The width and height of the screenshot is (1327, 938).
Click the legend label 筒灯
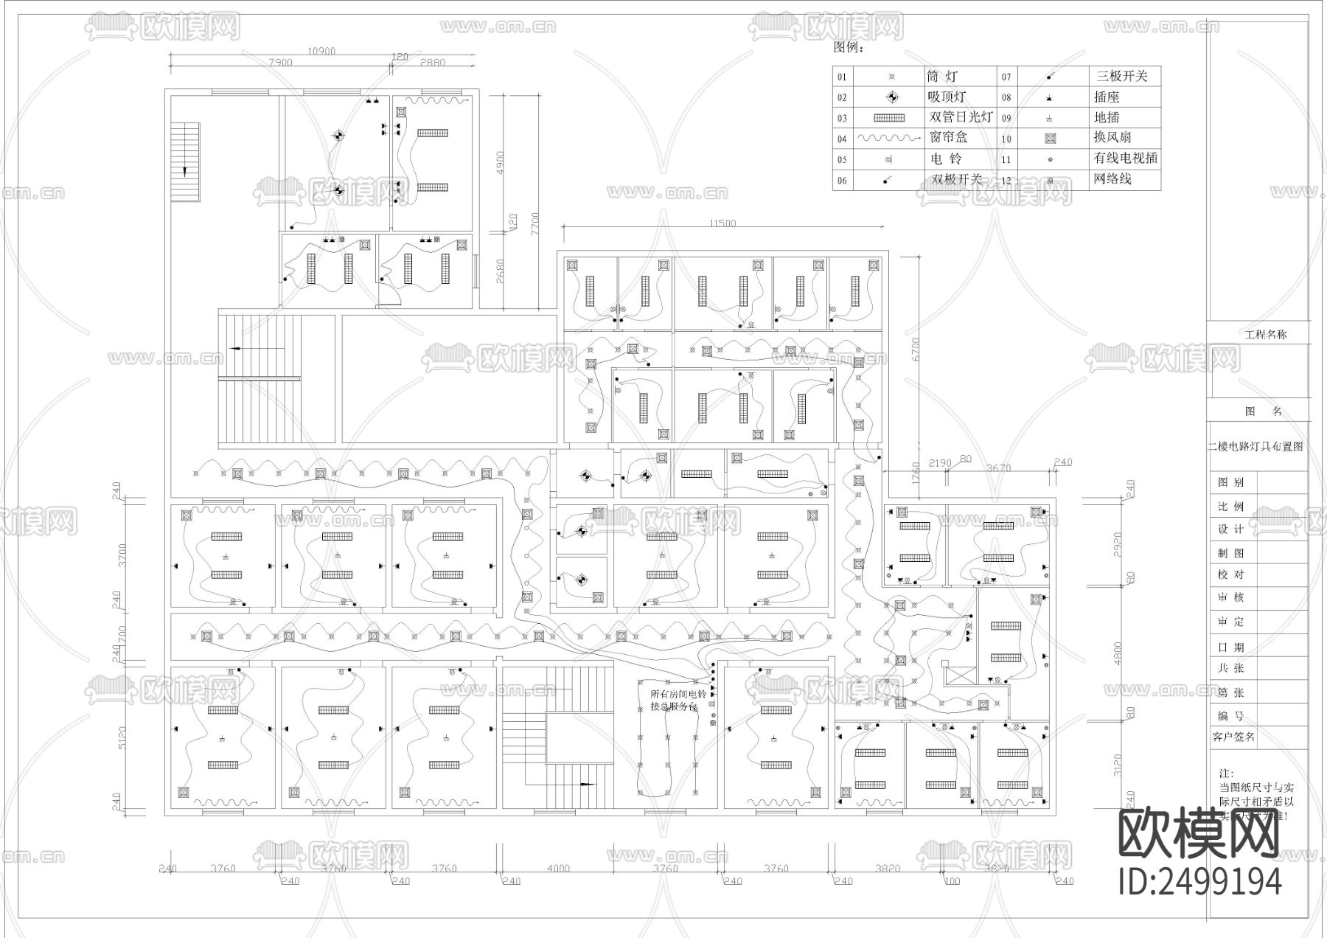(x=942, y=76)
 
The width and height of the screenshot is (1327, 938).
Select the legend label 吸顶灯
(x=946, y=97)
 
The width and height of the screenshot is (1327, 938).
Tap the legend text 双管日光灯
(x=961, y=117)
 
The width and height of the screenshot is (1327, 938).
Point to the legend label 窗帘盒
(x=948, y=137)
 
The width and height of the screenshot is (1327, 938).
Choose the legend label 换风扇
(x=1112, y=137)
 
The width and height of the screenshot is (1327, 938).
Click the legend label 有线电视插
(x=1125, y=158)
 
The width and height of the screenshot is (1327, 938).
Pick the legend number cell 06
(x=842, y=180)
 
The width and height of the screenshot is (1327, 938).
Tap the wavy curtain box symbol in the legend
(x=889, y=138)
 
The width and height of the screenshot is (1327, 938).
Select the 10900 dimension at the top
(x=321, y=51)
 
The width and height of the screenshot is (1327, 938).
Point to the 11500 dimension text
(x=722, y=223)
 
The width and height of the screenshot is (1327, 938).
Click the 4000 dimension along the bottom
(x=558, y=868)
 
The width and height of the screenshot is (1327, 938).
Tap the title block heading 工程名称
(x=1265, y=334)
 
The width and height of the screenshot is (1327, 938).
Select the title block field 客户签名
(x=1233, y=736)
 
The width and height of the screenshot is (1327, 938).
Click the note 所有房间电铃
(x=678, y=694)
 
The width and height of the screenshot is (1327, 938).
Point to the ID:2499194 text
(x=1199, y=881)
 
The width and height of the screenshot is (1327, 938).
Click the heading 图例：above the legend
(x=848, y=48)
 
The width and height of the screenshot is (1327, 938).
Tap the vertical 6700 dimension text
(x=916, y=349)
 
